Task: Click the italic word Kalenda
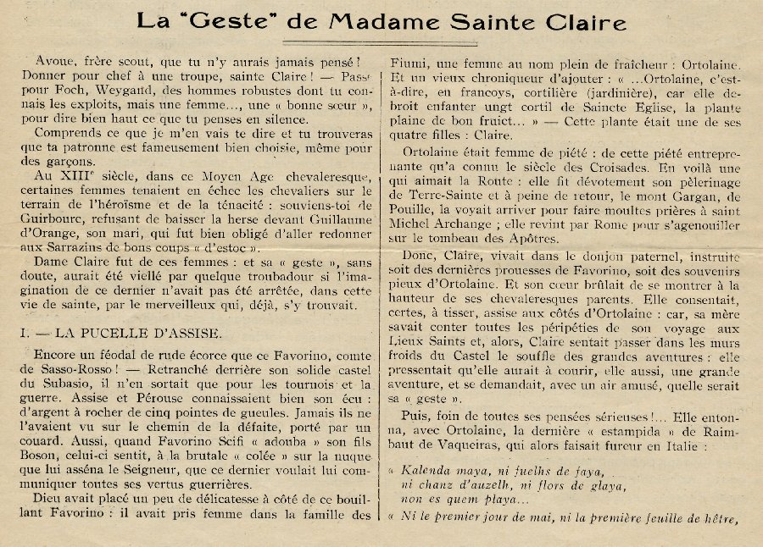(x=426, y=471)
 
